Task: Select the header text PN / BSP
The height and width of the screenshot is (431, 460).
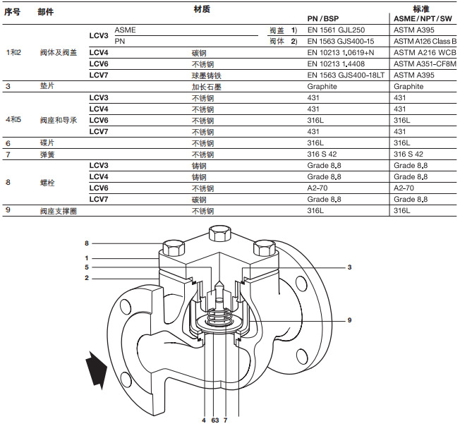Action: click(x=327, y=18)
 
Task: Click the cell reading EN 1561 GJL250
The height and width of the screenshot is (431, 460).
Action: click(x=335, y=30)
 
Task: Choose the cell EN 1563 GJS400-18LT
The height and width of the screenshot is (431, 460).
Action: click(x=341, y=75)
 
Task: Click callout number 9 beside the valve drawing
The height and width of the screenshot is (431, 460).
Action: click(x=349, y=321)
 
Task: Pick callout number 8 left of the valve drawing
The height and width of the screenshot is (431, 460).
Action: click(x=87, y=243)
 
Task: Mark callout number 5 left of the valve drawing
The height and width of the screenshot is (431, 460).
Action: click(x=87, y=267)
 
